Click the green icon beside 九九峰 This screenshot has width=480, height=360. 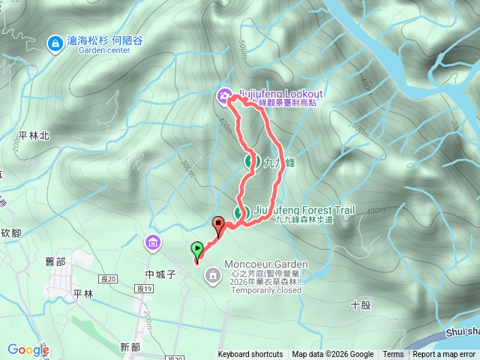(x=251, y=160)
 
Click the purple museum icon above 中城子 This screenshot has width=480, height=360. (x=154, y=243)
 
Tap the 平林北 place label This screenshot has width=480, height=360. (x=34, y=136)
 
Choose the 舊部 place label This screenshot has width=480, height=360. (x=55, y=261)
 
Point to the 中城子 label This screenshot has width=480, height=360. (x=160, y=274)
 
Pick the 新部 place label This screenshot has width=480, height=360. (x=130, y=346)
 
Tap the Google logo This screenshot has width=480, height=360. (x=28, y=349)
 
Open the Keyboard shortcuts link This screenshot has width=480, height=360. (x=250, y=355)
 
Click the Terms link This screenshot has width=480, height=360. (x=393, y=355)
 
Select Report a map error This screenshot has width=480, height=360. (x=445, y=355)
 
